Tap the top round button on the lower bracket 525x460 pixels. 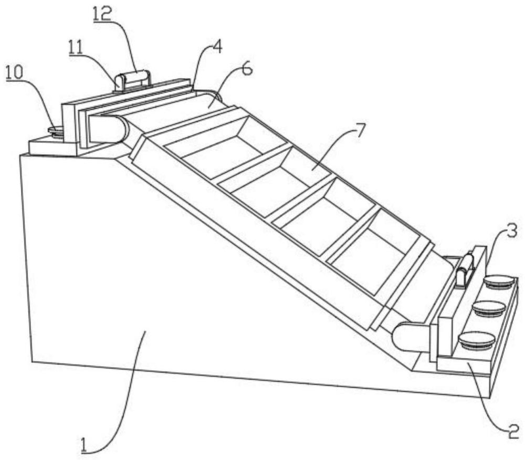pyautogui.click(x=499, y=281)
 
